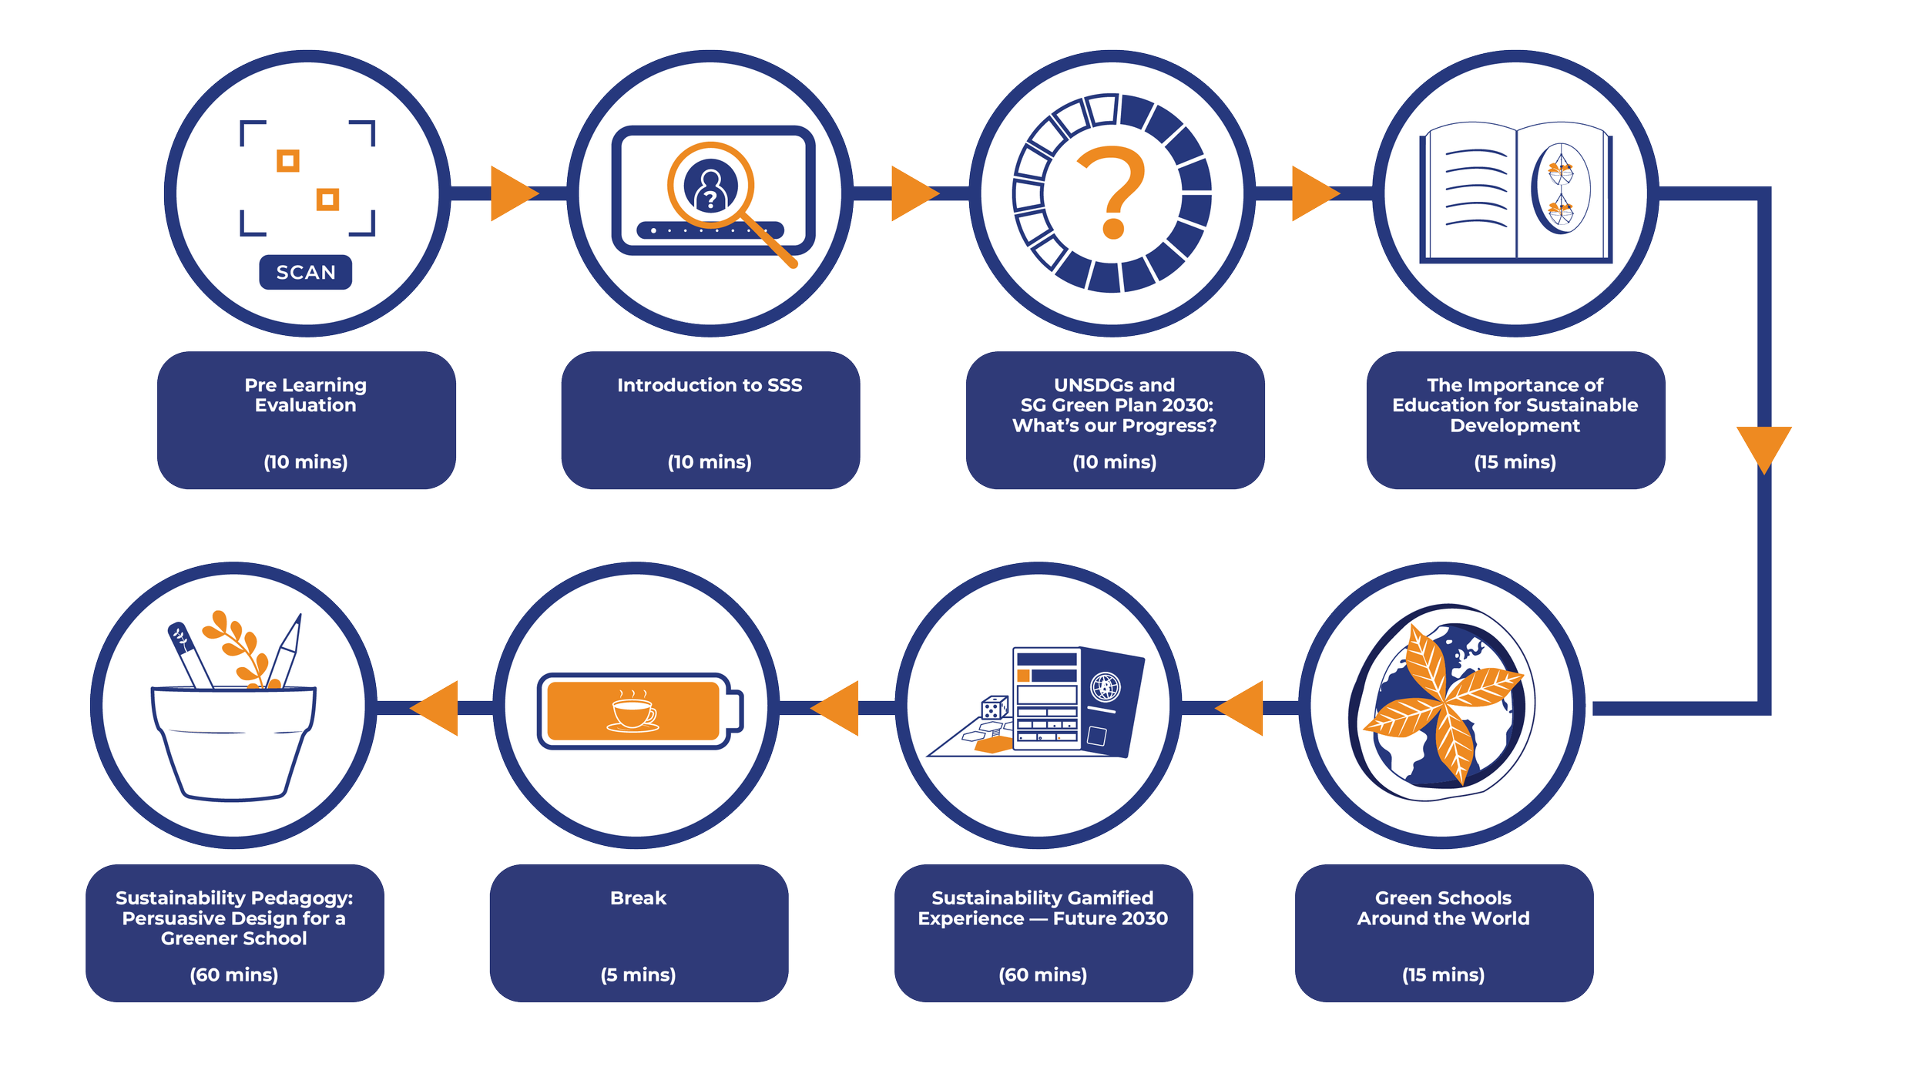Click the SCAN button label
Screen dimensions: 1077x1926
[x=306, y=273]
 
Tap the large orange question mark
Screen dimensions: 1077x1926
[x=1111, y=191]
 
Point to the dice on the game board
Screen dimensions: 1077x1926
[x=994, y=707]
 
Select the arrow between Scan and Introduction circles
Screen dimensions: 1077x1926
[x=512, y=193]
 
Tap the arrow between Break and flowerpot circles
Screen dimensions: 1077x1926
[x=437, y=707]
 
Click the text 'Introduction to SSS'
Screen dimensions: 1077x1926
[x=710, y=385]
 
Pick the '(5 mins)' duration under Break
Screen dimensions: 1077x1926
[x=638, y=975]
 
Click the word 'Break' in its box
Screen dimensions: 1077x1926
[x=638, y=897]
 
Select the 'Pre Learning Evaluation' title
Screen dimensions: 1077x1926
[x=306, y=395]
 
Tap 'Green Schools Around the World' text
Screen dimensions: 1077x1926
[x=1443, y=908]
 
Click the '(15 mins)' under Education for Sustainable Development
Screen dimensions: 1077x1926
[x=1515, y=461]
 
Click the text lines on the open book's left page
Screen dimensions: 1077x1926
[x=1475, y=189]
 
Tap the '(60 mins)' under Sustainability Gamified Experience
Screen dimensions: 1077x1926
[x=1042, y=975]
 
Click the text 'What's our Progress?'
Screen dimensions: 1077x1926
[x=1114, y=426]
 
